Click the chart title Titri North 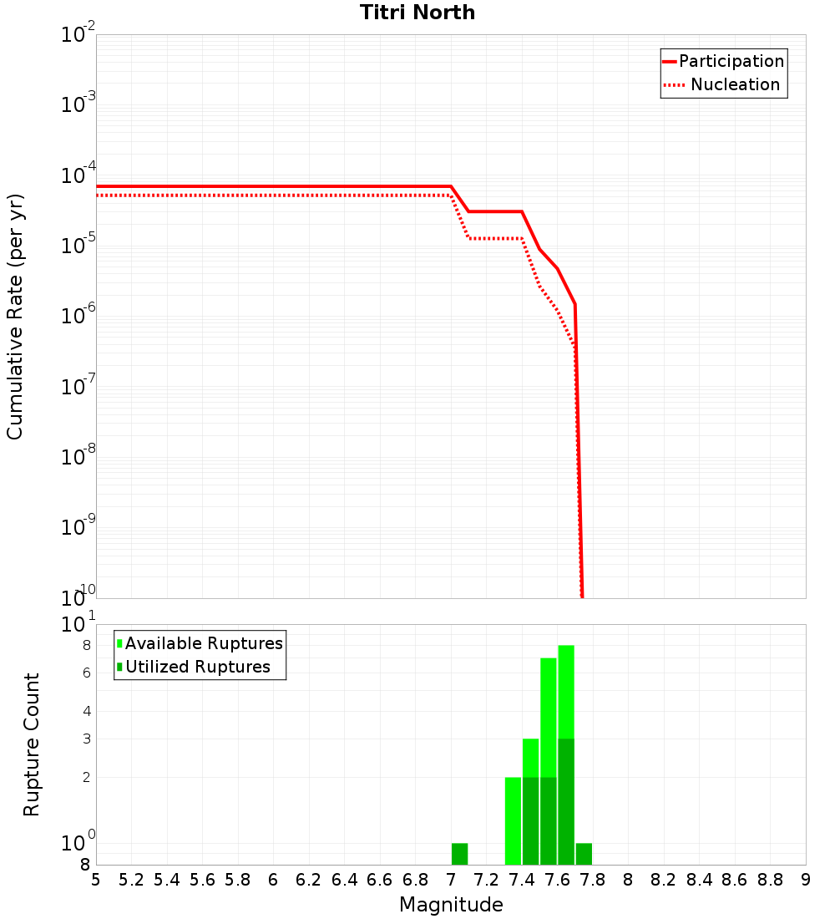417,13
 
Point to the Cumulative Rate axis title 15,316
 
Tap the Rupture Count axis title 32,744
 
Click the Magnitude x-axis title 451,905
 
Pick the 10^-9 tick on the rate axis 78,528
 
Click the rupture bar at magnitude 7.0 459,854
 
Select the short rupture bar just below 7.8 584,854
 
